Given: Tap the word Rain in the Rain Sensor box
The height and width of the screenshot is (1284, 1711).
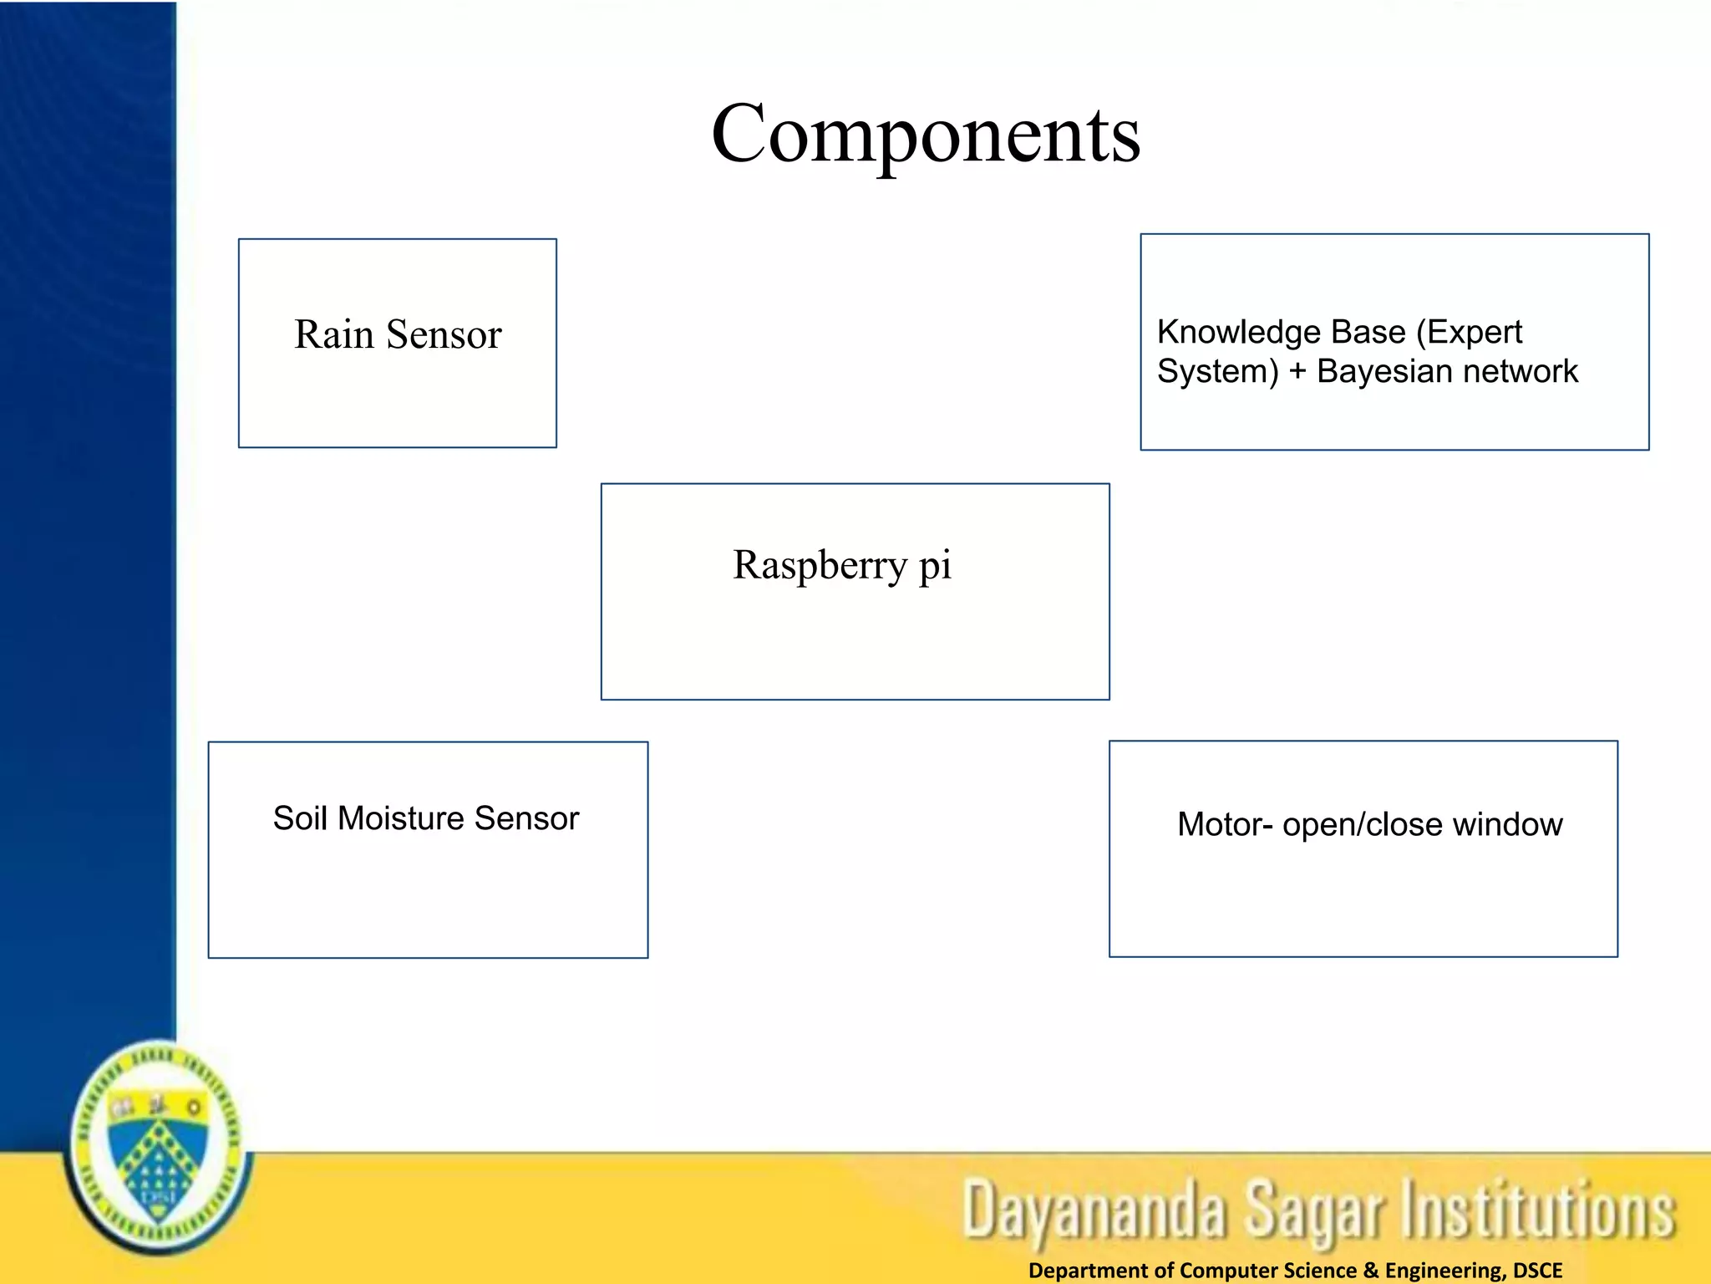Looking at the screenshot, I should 333,334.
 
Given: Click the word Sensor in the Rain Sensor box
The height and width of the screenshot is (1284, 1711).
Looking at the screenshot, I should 444,334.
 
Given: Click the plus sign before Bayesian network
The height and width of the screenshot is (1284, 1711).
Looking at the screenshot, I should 1297,371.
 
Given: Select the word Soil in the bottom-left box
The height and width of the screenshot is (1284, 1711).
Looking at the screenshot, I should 300,818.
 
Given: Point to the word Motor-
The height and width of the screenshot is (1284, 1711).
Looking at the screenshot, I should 1225,824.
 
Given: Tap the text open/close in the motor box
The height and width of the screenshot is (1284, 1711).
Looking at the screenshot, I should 1363,825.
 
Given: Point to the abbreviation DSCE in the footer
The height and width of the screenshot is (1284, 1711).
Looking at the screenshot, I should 1537,1271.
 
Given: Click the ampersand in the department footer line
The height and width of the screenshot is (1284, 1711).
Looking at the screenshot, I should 1371,1271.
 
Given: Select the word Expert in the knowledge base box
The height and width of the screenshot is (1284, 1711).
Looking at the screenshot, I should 1475,333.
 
